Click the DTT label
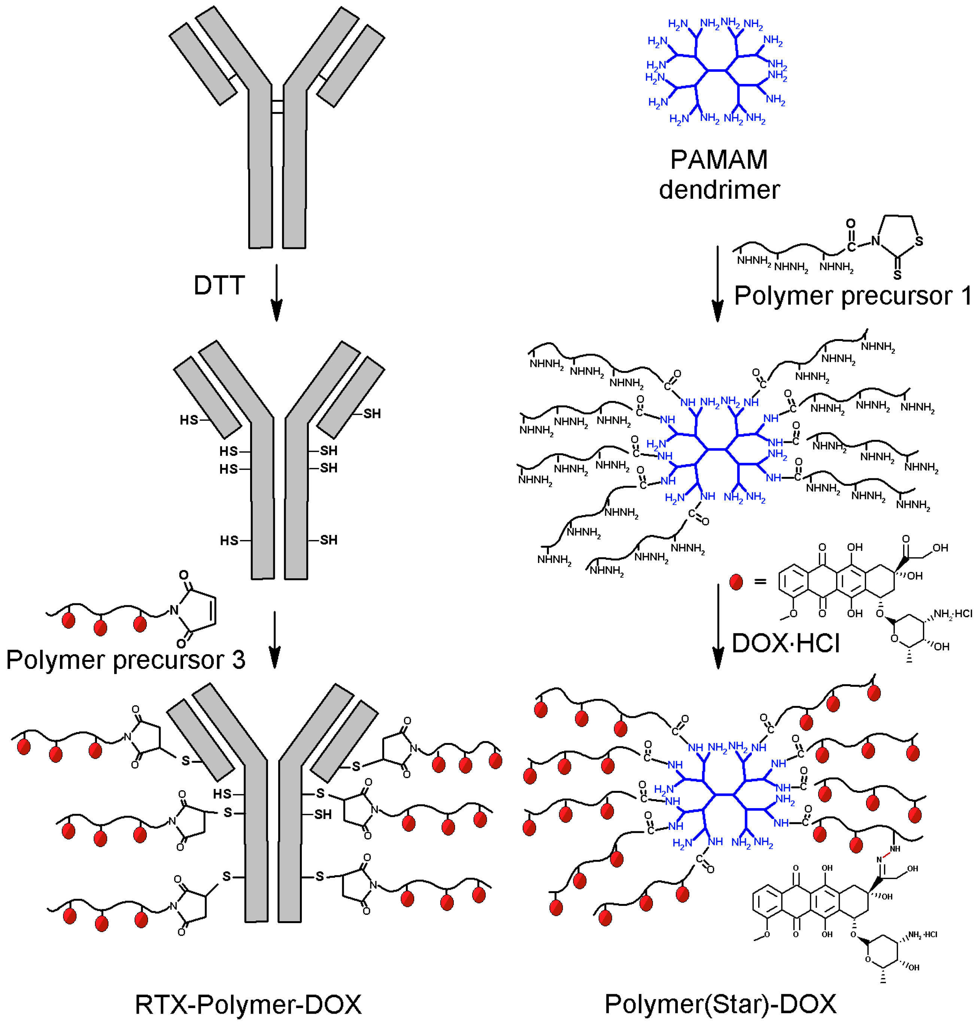click(x=219, y=285)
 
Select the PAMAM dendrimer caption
click(x=719, y=174)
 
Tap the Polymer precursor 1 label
click(x=852, y=296)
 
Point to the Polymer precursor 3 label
click(x=125, y=660)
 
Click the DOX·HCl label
click(x=786, y=643)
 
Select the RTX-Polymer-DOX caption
click(x=248, y=1004)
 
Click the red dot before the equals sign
click(x=736, y=582)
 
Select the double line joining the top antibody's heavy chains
click(x=277, y=107)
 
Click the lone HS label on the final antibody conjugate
click(x=222, y=794)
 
